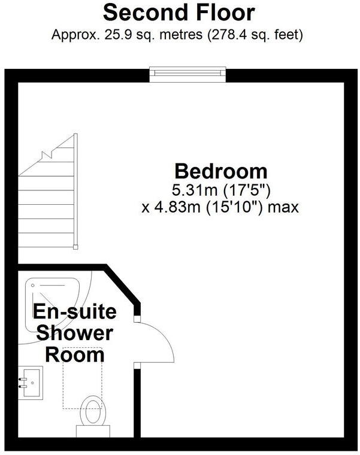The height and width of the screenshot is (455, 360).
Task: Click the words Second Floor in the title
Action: (x=179, y=13)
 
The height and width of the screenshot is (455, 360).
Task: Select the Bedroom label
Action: (x=220, y=171)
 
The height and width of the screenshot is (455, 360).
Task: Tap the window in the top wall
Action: (x=189, y=73)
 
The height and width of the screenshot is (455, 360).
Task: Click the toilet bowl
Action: (x=93, y=412)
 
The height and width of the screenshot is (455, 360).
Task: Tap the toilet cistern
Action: (x=93, y=430)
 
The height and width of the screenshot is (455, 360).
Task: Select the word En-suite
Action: (x=74, y=312)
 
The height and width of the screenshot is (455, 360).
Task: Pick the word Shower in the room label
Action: (x=74, y=333)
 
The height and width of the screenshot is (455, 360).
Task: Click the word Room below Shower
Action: (x=74, y=354)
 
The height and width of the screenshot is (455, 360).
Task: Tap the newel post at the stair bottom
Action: (x=75, y=245)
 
